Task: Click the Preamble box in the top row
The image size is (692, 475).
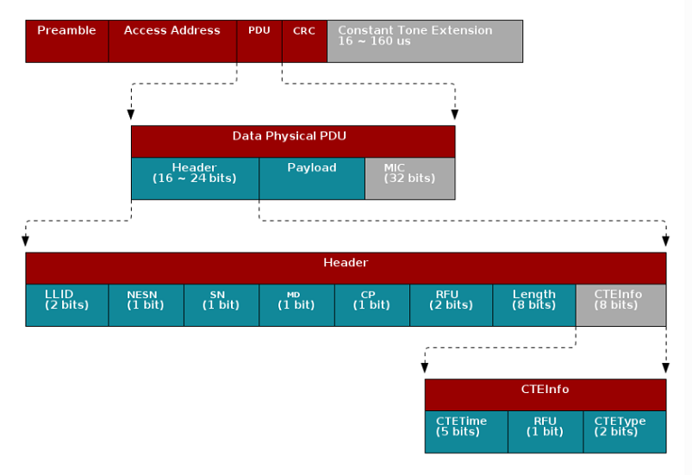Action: click(66, 41)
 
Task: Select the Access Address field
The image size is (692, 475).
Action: click(172, 41)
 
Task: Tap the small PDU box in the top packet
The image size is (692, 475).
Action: click(259, 41)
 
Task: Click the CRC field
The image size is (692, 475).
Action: click(304, 41)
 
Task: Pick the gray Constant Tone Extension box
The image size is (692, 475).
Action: click(424, 41)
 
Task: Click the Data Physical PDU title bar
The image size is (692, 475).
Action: click(292, 141)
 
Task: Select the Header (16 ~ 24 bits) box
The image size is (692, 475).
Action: click(195, 178)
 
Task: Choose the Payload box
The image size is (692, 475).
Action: click(312, 178)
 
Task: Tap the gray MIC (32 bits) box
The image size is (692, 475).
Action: click(409, 178)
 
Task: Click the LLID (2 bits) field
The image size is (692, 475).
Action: click(67, 305)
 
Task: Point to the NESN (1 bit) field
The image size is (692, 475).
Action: click(146, 305)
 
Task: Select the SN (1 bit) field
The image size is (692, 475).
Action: click(221, 305)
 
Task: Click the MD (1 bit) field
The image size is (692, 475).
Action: click(296, 305)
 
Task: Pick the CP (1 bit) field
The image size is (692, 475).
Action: click(372, 305)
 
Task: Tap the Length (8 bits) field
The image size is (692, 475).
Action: click(533, 305)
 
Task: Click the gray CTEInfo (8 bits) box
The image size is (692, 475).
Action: click(620, 305)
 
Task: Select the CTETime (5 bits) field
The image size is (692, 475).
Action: click(466, 432)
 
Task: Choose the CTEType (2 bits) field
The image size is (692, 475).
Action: click(625, 432)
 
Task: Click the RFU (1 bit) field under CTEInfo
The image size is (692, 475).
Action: click(545, 432)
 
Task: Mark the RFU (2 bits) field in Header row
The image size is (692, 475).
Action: click(451, 305)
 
